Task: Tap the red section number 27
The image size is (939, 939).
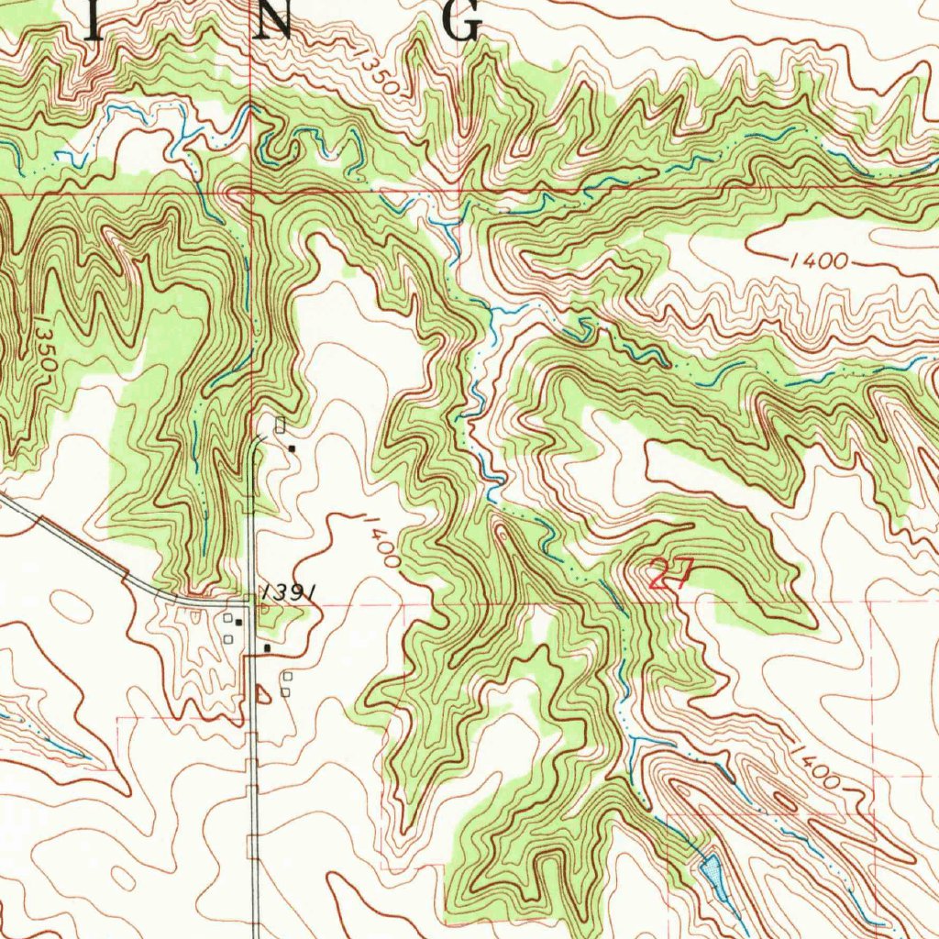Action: (669, 575)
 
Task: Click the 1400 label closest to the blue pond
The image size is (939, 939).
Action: (815, 768)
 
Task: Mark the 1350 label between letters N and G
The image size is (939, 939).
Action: (380, 75)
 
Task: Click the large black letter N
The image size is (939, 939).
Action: (275, 20)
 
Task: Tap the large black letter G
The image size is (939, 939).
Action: (464, 20)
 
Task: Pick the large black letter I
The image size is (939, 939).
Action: (93, 20)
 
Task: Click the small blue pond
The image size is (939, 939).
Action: (712, 871)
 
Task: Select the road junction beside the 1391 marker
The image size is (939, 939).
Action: (252, 602)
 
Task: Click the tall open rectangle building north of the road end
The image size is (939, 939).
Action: (281, 425)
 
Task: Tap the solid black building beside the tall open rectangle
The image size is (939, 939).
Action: (292, 448)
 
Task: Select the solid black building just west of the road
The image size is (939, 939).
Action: (238, 623)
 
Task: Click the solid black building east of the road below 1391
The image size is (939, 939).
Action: (267, 648)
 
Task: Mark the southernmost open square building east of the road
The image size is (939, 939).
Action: (285, 691)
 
